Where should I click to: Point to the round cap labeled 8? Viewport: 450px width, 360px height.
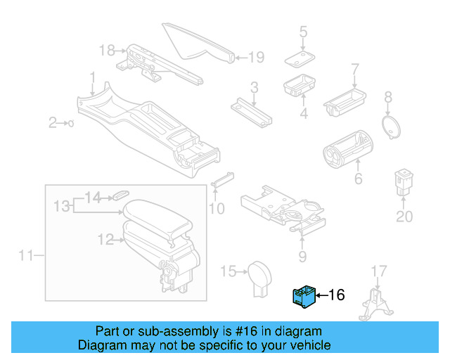(390, 126)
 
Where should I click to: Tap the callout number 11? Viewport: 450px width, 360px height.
(25, 255)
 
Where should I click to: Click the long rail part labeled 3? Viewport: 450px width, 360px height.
(251, 110)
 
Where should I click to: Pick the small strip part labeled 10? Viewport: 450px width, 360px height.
(222, 179)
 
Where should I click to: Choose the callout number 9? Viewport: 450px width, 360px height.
(302, 256)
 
